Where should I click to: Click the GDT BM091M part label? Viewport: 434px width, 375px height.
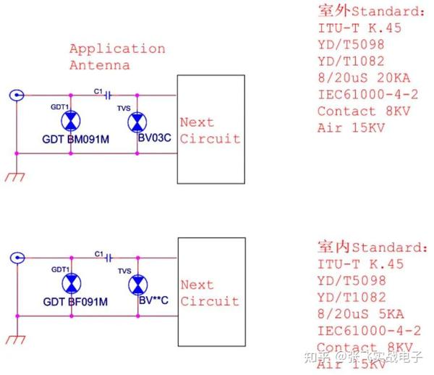[x=75, y=139]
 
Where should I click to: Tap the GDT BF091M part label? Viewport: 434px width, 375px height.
[x=75, y=301]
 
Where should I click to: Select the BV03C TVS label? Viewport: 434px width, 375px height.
[x=154, y=139]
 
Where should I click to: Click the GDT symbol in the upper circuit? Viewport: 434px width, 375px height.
[x=71, y=121]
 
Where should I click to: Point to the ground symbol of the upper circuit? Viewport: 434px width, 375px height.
[x=14, y=177]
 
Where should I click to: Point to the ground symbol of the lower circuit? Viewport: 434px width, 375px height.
[x=14, y=339]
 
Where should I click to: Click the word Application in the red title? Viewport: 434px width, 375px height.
[x=117, y=49]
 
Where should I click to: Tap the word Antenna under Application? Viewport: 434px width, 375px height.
[x=100, y=65]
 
